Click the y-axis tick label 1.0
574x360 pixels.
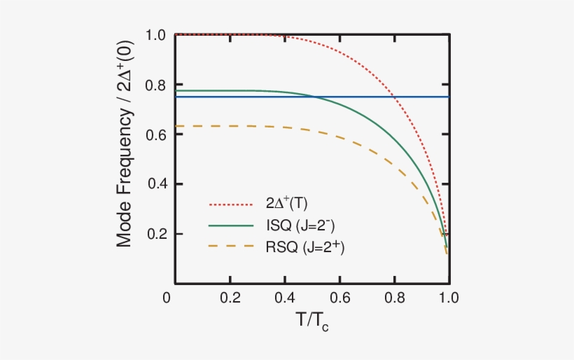click(x=155, y=35)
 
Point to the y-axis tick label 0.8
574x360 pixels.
click(x=155, y=85)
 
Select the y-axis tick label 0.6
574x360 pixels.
click(x=155, y=134)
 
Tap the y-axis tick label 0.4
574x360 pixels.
click(x=155, y=184)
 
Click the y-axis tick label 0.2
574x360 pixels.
click(x=155, y=234)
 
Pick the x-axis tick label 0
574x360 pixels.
click(x=167, y=297)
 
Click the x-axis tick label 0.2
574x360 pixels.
click(x=229, y=297)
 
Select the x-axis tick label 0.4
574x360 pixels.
click(x=284, y=297)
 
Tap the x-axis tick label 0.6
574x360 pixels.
click(x=339, y=297)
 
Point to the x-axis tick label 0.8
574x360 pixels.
click(x=394, y=297)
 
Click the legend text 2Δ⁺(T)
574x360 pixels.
click(x=287, y=205)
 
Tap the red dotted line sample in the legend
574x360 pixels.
click(x=230, y=205)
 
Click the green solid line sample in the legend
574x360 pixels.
click(x=230, y=226)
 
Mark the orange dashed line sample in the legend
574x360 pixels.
click(x=230, y=247)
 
